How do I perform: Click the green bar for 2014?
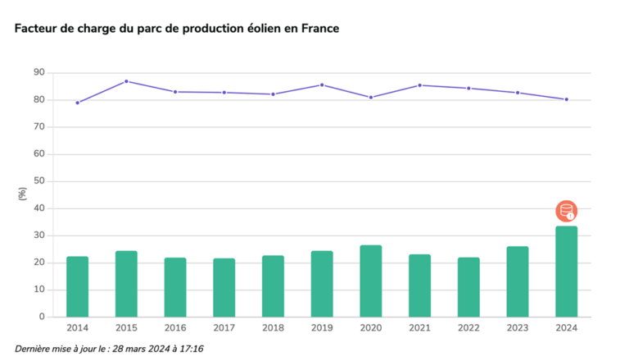(77, 286)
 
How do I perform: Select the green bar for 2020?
(370, 281)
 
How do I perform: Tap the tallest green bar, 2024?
(566, 272)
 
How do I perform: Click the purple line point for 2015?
(126, 81)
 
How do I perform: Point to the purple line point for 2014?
(77, 103)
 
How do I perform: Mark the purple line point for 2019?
(322, 85)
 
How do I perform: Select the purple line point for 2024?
(566, 99)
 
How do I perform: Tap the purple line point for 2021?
(419, 85)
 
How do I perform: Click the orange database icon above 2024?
(566, 211)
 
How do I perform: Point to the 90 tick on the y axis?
(38, 73)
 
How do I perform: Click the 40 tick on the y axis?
(38, 208)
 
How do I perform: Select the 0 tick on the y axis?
(42, 317)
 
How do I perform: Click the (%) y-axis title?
(22, 194)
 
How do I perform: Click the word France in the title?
(319, 28)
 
